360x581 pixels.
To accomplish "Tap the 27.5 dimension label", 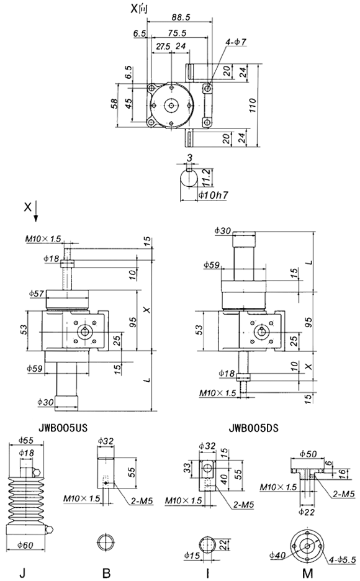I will tap(163, 47).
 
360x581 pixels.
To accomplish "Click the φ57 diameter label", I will tap(37, 293).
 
